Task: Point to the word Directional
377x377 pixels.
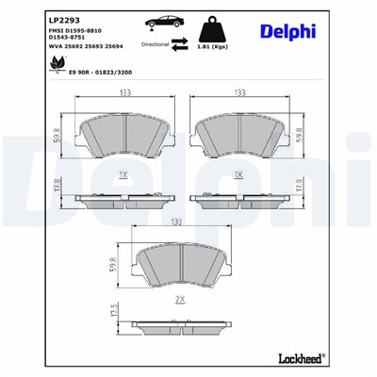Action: coord(155,43)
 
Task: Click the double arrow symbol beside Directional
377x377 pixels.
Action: coord(179,43)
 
